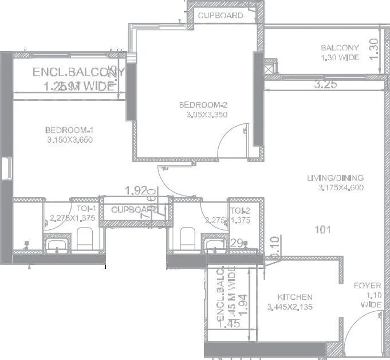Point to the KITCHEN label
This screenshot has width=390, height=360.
pos(295,297)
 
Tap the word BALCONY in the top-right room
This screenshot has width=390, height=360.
pos(340,48)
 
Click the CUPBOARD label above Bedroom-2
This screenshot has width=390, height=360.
pos(220,15)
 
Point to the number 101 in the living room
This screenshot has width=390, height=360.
pos(323,230)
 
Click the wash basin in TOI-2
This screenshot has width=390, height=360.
pos(215,246)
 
